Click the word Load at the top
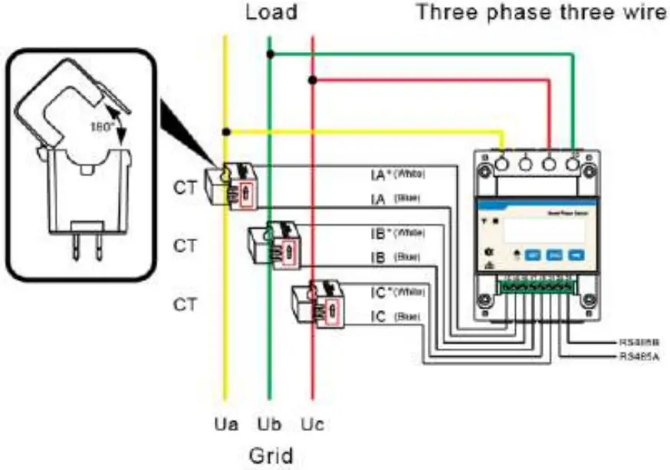270,13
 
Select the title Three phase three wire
541,13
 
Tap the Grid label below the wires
271,455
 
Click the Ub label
268,423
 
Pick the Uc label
312,423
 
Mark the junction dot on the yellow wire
225,132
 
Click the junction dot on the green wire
269,54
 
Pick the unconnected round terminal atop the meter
526,164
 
